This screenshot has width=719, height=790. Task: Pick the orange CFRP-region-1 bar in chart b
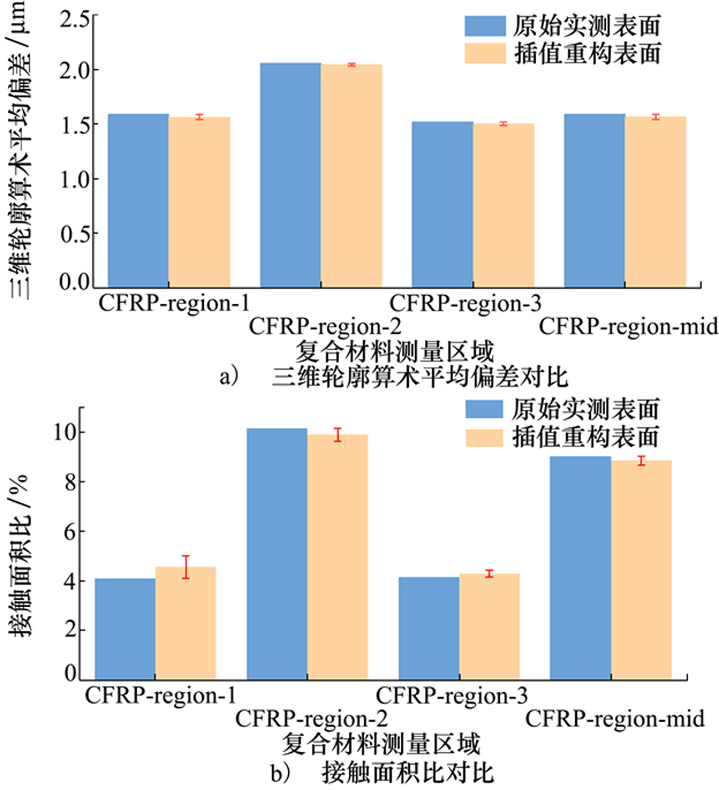[x=186, y=623]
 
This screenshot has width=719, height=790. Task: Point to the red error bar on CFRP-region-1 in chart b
[x=186, y=567]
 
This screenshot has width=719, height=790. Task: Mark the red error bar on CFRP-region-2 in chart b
[x=338, y=435]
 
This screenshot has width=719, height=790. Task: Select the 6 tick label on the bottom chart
[x=72, y=531]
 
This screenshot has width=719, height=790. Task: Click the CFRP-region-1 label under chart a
[x=174, y=303]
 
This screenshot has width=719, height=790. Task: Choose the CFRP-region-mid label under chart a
[x=628, y=326]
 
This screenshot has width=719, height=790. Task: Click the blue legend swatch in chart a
[x=485, y=25]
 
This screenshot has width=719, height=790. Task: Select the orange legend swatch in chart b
[x=484, y=437]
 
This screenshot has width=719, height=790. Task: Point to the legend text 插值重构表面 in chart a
[x=587, y=53]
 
